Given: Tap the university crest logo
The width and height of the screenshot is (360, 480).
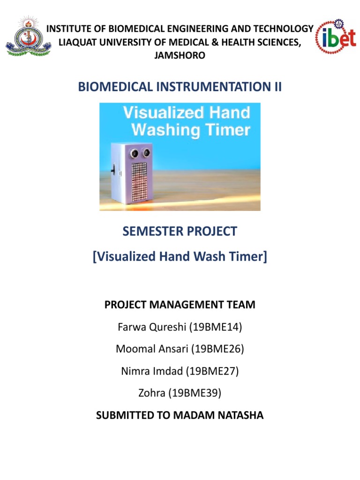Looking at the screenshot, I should [27, 36].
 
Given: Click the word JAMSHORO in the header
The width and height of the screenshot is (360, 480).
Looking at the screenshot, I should [180, 55].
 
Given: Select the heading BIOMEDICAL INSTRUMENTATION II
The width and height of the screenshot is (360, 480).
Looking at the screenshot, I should [180, 87].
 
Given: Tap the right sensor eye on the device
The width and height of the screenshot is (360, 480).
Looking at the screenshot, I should [147, 152].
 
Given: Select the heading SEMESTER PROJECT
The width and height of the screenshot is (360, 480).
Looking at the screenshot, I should [180, 231].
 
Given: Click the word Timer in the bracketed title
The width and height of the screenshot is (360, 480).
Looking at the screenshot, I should [247, 257].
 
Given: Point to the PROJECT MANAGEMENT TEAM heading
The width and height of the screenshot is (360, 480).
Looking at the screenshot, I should [180, 305].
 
